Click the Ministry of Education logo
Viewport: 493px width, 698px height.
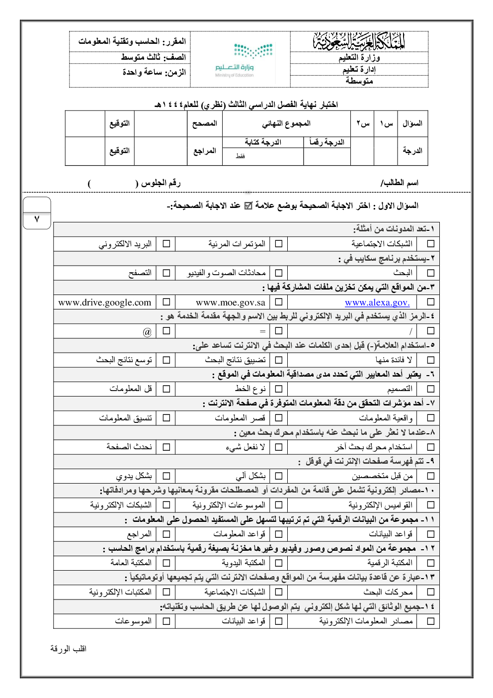click(241, 60)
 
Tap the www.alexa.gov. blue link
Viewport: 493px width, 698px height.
click(377, 302)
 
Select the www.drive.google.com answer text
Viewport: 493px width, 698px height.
click(105, 302)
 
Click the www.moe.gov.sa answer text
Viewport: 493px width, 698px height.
click(231, 302)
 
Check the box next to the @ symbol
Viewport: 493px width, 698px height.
click(166, 331)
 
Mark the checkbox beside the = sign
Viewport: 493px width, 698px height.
click(279, 331)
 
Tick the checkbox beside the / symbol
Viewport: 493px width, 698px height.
click(430, 331)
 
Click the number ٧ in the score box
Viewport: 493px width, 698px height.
click(37, 219)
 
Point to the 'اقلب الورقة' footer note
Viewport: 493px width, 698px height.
click(69, 649)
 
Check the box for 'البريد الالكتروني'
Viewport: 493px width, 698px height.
click(166, 244)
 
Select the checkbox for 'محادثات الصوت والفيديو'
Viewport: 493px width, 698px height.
click(279, 273)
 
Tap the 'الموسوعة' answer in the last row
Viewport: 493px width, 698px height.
click(133, 621)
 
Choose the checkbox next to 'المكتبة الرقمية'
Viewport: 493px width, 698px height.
click(430, 563)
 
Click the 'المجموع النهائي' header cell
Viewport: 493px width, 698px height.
click(286, 123)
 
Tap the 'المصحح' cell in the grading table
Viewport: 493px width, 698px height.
click(205, 123)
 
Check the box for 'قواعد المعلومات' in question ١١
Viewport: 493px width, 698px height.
click(279, 534)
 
